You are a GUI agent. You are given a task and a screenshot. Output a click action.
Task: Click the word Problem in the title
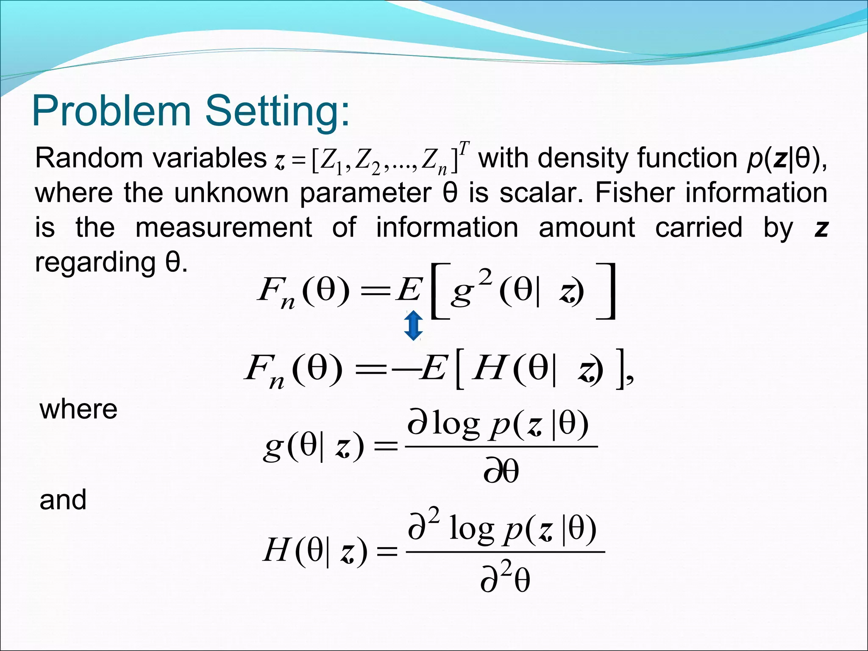point(111,111)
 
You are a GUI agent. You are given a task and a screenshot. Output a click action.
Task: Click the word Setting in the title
point(278,111)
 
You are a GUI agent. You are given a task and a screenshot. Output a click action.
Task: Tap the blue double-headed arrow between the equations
point(413,325)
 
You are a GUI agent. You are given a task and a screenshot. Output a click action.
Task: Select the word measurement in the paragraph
point(223,228)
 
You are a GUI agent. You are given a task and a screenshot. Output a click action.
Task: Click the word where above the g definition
point(78,409)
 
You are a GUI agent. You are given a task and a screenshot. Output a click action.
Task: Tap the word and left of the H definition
point(63,500)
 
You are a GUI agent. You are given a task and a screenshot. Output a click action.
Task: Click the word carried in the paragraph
point(698,228)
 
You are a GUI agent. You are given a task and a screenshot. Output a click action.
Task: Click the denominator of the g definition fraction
point(501,471)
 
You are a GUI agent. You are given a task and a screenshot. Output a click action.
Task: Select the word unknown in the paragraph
point(231,193)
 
